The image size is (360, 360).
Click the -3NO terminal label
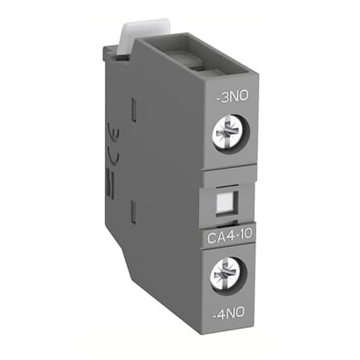(x=233, y=96)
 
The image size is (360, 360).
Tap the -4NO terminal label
(x=229, y=313)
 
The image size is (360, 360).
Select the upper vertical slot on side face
(x=134, y=110)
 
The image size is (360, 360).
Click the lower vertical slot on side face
(x=133, y=212)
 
